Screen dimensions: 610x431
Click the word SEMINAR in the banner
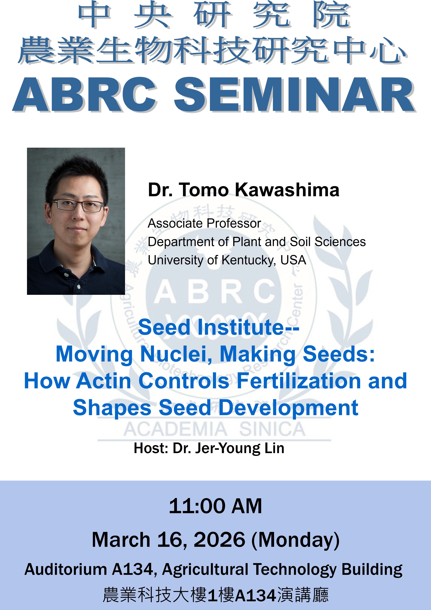click(294, 95)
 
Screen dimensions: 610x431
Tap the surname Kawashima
click(287, 190)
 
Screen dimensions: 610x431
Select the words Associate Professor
click(204, 223)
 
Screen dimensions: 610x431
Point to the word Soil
click(301, 242)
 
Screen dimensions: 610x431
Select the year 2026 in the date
click(219, 540)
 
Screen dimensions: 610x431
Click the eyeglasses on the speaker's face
click(77, 205)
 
